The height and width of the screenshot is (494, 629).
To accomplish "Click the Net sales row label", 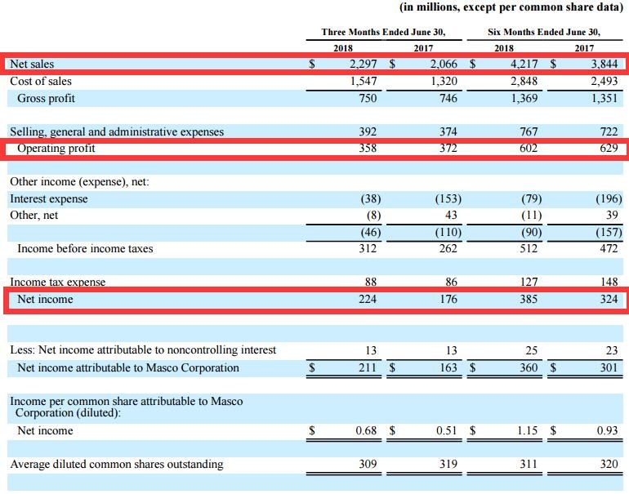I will tap(33, 64).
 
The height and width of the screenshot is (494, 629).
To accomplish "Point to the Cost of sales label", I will tap(41, 81).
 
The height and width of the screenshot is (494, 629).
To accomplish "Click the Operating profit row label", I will tap(56, 148).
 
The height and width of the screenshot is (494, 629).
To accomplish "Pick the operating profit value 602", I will tap(529, 148).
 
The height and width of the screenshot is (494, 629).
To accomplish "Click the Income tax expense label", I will tap(58, 282).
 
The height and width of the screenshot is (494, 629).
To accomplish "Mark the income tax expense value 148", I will tap(609, 282).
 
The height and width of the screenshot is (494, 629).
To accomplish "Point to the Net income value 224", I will tap(368, 299).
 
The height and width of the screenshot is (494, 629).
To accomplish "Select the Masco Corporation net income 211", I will tap(368, 367).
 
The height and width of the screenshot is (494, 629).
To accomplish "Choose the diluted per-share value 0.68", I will tap(365, 430).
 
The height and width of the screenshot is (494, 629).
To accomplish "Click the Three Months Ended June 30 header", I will tap(383, 33).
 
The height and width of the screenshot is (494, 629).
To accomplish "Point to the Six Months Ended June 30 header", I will tap(543, 33).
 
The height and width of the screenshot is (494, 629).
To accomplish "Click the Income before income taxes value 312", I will tap(368, 248).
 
